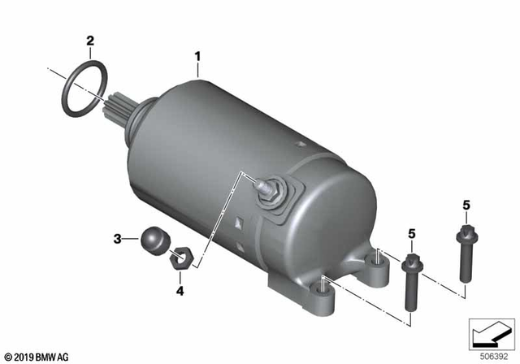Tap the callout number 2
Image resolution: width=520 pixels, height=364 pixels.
tap(90, 40)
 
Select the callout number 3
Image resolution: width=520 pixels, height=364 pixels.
tap(117, 239)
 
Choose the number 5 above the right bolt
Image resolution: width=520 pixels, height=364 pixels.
tap(466, 206)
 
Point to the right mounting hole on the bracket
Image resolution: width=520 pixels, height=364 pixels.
tap(376, 260)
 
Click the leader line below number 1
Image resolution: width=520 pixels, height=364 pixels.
tap(197, 70)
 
